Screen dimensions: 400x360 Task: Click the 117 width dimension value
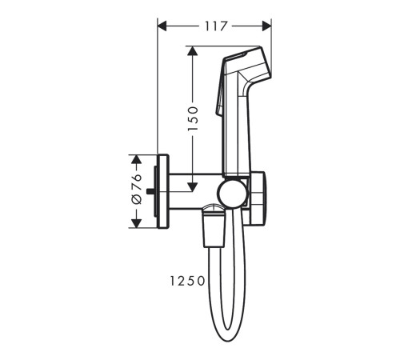tap(216, 26)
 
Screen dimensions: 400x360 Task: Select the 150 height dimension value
tap(193, 118)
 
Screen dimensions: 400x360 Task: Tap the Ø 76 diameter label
tap(137, 189)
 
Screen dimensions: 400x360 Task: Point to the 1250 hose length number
tap(187, 281)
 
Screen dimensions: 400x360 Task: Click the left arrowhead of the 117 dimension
tap(162, 26)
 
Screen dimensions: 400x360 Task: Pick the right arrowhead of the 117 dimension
tap(266, 26)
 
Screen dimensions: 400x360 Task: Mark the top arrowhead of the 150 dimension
tap(192, 51)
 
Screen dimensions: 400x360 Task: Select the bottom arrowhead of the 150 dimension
tap(192, 187)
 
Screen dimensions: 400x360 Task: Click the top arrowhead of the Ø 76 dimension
tap(137, 159)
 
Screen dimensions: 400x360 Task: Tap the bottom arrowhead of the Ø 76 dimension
tap(137, 223)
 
